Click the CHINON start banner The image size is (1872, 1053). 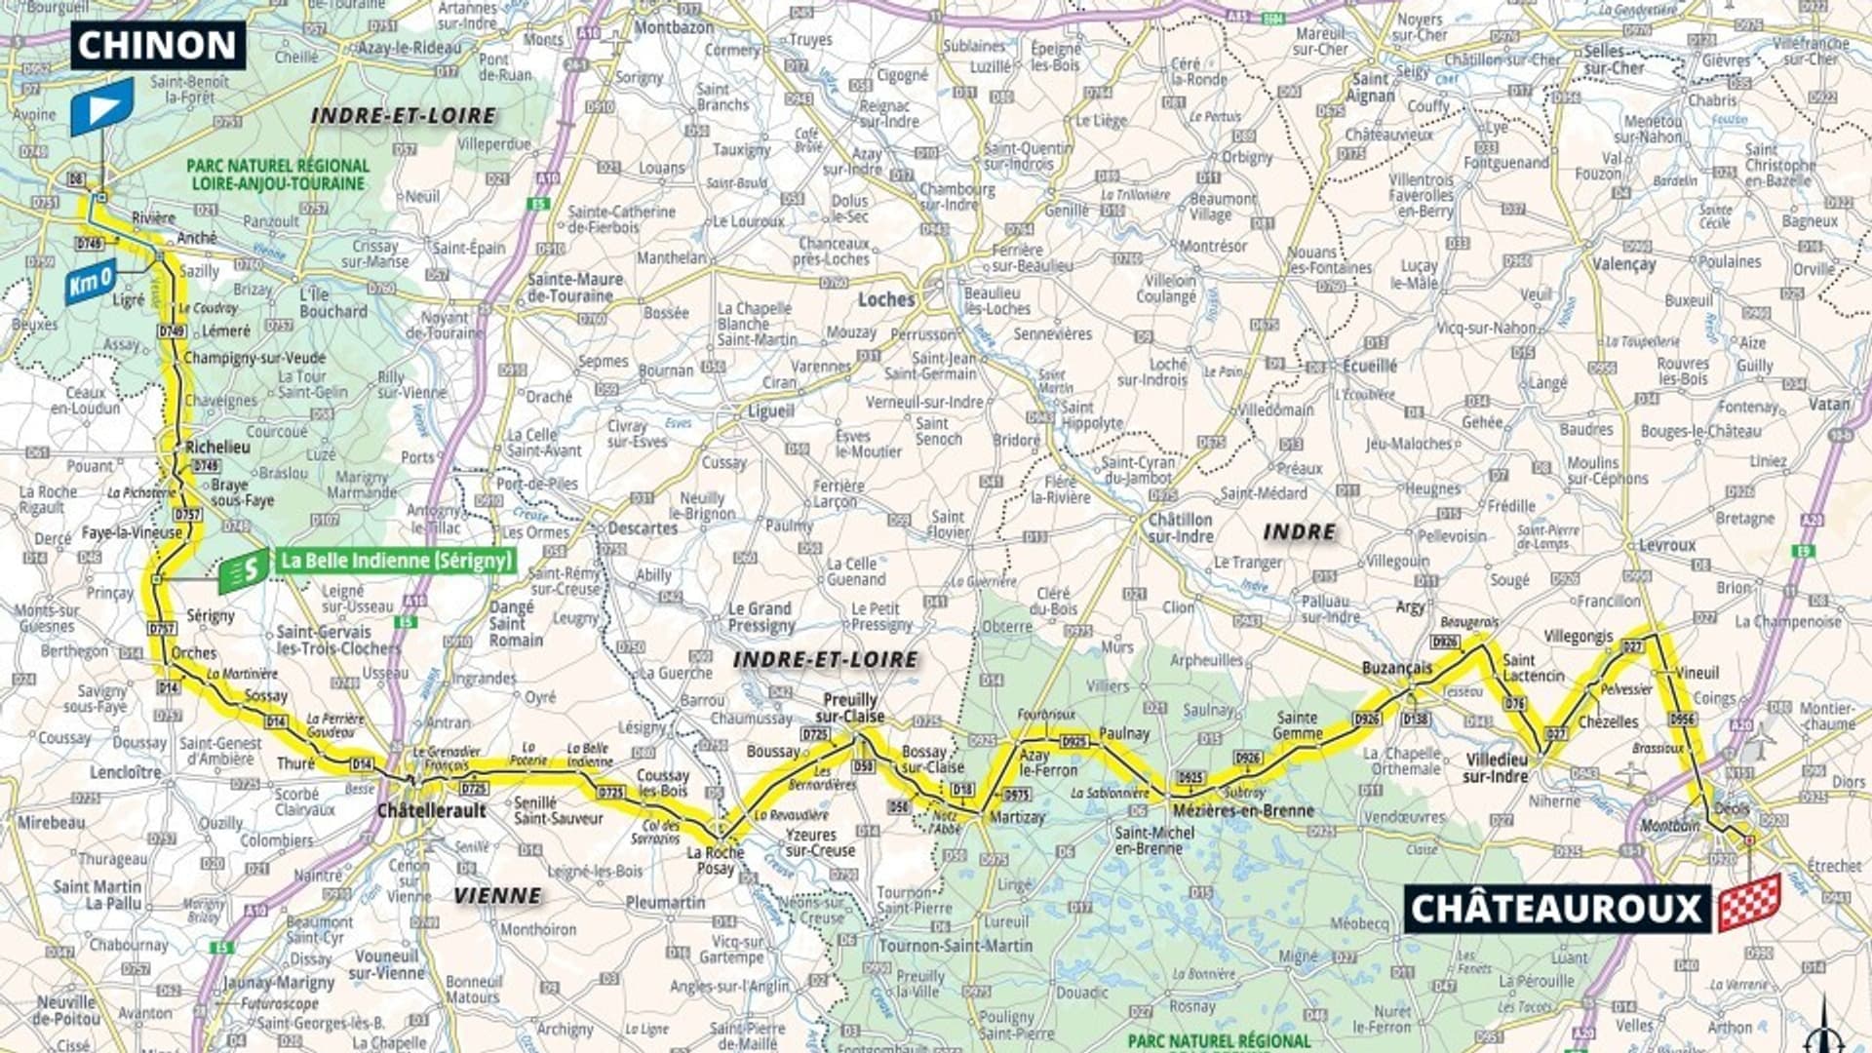157,45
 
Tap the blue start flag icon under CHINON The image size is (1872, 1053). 101,107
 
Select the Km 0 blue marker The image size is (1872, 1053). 91,283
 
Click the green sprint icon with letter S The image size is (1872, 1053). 243,569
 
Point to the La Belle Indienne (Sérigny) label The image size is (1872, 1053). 395,561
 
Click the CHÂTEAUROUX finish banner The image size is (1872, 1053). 1556,909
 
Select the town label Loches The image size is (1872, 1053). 885,299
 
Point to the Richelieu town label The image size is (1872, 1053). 217,447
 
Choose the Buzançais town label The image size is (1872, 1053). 1397,668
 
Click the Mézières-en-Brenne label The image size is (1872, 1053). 1243,810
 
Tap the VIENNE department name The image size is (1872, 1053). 496,895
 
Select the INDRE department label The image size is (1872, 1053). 1299,531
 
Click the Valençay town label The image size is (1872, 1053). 1623,264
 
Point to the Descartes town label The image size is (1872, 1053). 642,527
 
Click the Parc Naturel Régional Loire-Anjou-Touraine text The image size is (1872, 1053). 278,175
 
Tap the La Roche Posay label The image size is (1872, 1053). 715,860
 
